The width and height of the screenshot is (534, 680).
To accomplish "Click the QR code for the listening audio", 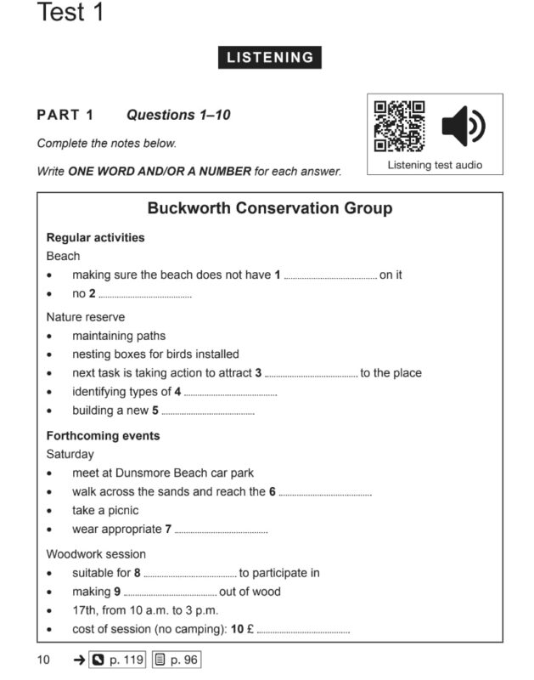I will [399, 127].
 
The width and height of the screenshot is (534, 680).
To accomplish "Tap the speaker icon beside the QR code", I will [464, 127].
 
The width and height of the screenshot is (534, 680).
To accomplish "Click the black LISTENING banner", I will [270, 58].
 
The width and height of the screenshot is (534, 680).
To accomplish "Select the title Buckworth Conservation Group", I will [270, 208].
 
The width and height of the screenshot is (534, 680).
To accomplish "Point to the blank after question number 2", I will [145, 296].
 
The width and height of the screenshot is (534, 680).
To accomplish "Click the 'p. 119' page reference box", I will [118, 659].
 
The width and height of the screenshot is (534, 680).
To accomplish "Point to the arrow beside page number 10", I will [78, 659].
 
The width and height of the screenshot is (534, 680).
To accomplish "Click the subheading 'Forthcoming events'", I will [103, 436].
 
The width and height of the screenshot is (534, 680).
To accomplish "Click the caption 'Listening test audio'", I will [435, 165].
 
